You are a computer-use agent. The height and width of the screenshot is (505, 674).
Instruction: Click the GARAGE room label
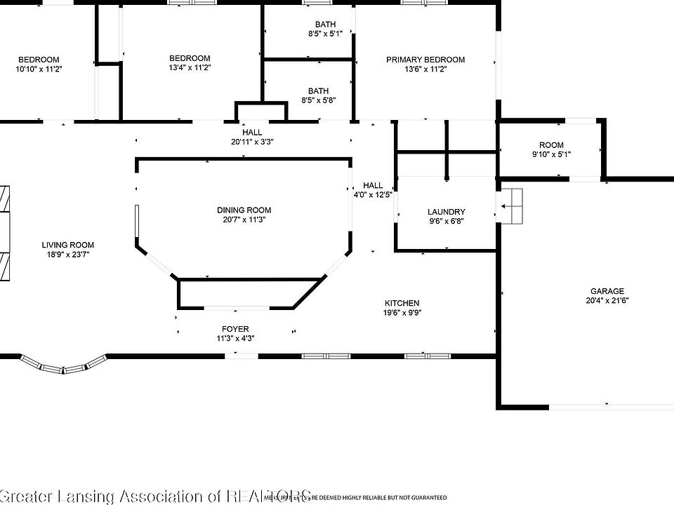(607, 291)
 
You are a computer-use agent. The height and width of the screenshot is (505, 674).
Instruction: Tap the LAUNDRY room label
(447, 212)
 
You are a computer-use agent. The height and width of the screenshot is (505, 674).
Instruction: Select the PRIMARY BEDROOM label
(425, 60)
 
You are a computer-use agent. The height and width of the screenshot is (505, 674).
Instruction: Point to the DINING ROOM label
(244, 210)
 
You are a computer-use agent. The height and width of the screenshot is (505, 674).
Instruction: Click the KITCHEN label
(402, 303)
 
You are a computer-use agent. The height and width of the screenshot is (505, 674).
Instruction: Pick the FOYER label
(235, 329)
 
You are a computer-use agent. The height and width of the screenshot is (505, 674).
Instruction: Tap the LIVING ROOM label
(67, 245)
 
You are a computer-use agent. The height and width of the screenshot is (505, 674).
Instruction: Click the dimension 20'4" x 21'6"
(607, 300)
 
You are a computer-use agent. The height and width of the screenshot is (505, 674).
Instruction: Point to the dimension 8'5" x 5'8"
(318, 100)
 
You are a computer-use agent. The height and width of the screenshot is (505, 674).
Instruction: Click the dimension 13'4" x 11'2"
(190, 68)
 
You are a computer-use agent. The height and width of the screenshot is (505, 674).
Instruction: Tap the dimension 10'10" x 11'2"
(39, 69)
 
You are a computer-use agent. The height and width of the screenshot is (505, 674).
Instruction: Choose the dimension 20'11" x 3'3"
(253, 142)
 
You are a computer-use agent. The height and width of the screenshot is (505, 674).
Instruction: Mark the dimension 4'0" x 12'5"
(373, 195)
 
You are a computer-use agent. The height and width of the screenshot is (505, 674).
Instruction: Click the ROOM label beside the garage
(551, 145)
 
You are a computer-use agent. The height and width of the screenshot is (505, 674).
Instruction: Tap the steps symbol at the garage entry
(513, 206)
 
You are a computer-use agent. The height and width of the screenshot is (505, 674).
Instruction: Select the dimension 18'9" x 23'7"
(67, 254)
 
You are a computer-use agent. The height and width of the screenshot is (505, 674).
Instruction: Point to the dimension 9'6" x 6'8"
(447, 221)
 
